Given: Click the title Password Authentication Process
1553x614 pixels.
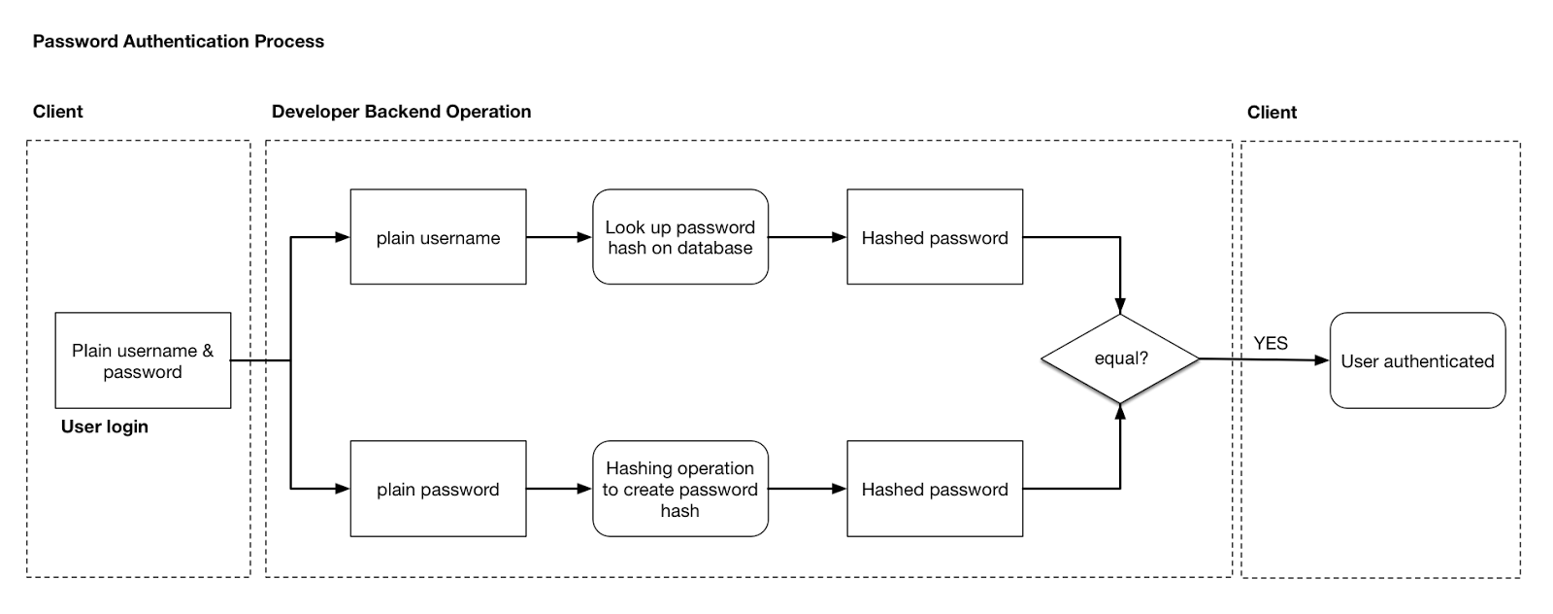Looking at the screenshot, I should pyautogui.click(x=178, y=41).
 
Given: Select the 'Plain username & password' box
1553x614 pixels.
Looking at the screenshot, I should pyautogui.click(x=143, y=360).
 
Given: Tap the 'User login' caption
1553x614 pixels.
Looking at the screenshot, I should pyautogui.click(x=104, y=426).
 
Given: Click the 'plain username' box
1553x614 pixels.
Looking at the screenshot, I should pyautogui.click(x=438, y=237).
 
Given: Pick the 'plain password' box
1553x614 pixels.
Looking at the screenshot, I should pyautogui.click(x=438, y=489).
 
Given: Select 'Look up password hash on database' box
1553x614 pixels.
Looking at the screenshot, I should pyautogui.click(x=679, y=237).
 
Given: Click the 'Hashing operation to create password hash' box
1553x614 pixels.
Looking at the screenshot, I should pyautogui.click(x=679, y=489).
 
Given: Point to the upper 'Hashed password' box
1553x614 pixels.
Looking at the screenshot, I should pyautogui.click(x=934, y=237).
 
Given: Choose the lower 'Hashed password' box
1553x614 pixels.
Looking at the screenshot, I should pyautogui.click(x=934, y=489).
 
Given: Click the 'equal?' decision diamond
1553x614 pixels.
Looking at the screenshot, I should pyautogui.click(x=1120, y=358).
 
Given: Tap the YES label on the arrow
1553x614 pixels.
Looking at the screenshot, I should pyautogui.click(x=1270, y=343).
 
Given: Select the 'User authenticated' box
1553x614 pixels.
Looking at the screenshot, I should pyautogui.click(x=1416, y=360).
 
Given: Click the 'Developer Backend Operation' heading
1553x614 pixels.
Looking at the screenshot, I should pyautogui.click(x=401, y=111).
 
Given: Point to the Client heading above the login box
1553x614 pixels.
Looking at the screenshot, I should pyautogui.click(x=57, y=111).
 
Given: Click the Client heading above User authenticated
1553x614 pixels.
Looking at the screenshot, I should pyautogui.click(x=1272, y=112).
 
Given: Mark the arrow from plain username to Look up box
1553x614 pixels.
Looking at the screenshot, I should pyautogui.click(x=559, y=237).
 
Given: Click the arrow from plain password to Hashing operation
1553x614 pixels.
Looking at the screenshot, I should pyautogui.click(x=559, y=489).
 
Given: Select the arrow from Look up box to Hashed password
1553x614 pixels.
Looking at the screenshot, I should pyautogui.click(x=807, y=237).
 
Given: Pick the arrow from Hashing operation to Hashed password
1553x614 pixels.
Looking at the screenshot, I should pyautogui.click(x=807, y=489).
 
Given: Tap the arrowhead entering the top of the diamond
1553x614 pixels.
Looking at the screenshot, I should pyautogui.click(x=1120, y=305).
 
